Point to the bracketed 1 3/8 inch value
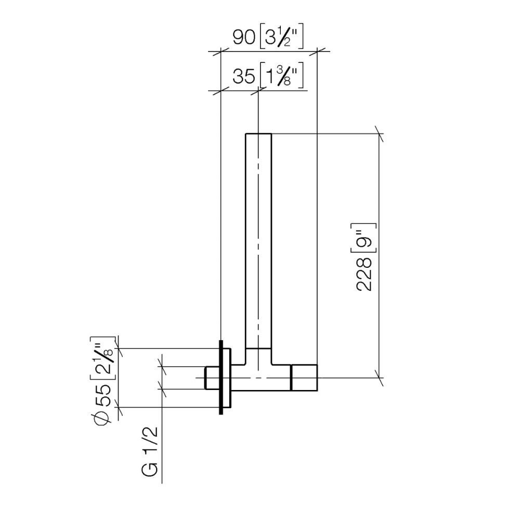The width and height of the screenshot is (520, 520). (x=281, y=77)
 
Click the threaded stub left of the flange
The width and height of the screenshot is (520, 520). (x=212, y=378)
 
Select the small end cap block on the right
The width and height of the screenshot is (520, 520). (x=304, y=378)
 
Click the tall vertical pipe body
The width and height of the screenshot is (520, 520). (x=258, y=239)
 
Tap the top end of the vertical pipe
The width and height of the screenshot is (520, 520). (x=258, y=134)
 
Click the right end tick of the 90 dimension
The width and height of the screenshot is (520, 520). (x=317, y=51)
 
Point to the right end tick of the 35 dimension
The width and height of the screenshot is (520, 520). (x=258, y=91)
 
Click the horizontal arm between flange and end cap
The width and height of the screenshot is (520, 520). (x=260, y=378)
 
